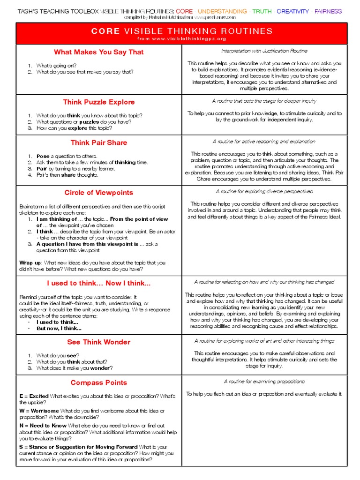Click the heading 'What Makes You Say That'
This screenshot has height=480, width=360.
98,52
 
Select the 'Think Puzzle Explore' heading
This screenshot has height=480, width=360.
98,102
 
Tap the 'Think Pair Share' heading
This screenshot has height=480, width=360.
98,142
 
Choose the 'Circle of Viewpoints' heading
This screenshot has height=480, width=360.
98,193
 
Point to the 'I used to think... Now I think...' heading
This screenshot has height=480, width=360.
98,283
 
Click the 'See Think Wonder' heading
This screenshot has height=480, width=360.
98,342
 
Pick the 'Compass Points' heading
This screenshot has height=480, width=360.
98,382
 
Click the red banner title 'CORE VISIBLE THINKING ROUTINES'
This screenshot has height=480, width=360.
181,31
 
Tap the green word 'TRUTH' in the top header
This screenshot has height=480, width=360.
262,11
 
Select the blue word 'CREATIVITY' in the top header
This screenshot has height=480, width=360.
293,11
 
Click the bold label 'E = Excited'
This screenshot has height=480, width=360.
34,396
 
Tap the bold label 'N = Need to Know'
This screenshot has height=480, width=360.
43,425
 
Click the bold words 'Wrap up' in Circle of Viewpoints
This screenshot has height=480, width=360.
30,262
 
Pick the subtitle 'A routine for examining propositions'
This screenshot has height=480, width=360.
264,382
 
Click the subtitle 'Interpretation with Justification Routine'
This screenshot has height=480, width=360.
264,51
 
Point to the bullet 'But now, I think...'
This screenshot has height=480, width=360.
59,329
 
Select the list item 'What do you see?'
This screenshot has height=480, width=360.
58,355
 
